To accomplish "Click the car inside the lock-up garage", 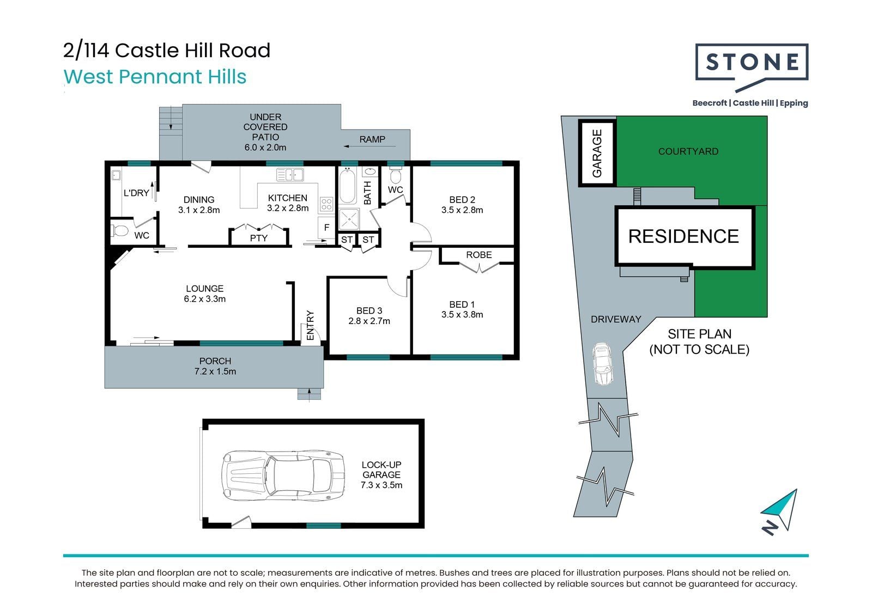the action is (283, 475).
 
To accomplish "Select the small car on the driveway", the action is (602, 364).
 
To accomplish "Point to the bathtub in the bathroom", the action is (347, 186).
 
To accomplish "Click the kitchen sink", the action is (289, 175).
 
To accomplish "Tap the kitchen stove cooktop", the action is (326, 204).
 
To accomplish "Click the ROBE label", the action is (479, 255).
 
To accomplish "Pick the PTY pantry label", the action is (258, 238).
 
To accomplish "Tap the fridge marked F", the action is (326, 228).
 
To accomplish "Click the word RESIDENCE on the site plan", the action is (683, 236).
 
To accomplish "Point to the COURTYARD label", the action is (688, 151).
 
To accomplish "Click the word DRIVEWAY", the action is (616, 319).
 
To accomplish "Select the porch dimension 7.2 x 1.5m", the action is (215, 371).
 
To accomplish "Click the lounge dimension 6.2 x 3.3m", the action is (204, 299).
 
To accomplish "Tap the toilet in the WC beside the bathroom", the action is (395, 176).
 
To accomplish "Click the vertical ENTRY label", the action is (310, 325).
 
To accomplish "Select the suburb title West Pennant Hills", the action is (155, 76).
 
